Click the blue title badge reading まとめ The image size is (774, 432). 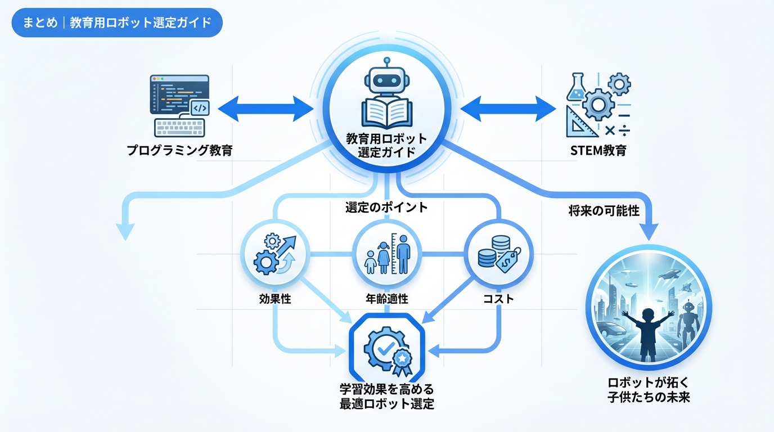[117, 23]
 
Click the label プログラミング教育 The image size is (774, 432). [179, 151]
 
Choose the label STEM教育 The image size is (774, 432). [597, 151]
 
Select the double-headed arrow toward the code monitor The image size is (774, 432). [265, 107]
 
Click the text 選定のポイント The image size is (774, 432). [386, 207]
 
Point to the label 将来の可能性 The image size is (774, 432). [604, 211]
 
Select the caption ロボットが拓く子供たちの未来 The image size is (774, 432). [649, 389]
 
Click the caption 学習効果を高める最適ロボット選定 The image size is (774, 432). [386, 397]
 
